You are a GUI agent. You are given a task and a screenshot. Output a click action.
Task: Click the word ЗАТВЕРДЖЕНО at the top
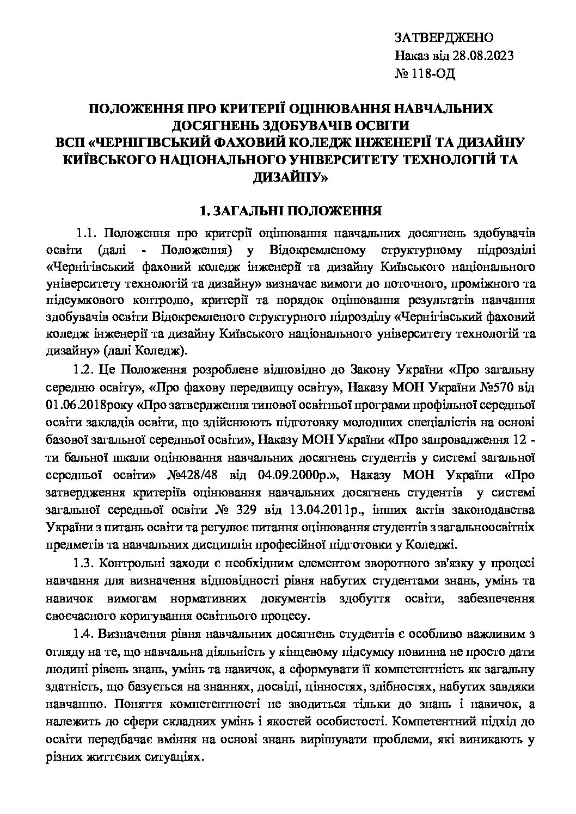(443, 38)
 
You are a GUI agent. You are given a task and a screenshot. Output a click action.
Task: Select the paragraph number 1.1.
(87, 234)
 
